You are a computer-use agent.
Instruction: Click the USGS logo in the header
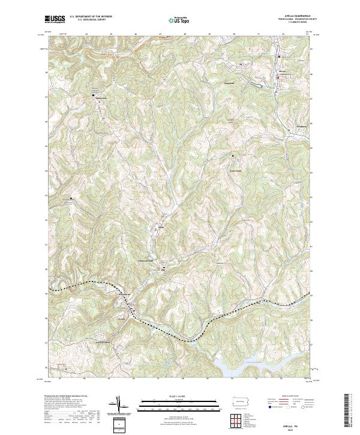coord(55,19)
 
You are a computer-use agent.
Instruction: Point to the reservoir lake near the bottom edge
coord(252,363)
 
